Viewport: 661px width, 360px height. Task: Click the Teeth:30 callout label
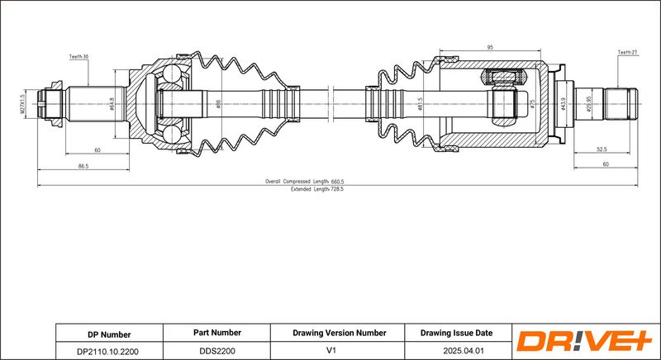click(78, 56)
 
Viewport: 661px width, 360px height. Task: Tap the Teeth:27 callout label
click(628, 53)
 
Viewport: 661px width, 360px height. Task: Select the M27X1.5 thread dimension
click(23, 104)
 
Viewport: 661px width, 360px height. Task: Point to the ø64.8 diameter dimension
click(112, 104)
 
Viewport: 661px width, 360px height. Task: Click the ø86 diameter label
click(218, 104)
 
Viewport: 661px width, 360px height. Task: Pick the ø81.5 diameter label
click(420, 104)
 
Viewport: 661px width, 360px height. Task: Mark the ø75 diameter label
click(532, 104)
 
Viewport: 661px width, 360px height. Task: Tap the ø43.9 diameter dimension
click(563, 104)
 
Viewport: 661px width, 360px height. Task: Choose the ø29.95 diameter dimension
click(589, 104)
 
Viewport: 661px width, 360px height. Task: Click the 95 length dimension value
click(490, 48)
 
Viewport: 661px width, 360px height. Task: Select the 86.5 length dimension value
click(83, 166)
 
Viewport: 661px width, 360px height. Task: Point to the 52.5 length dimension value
click(602, 149)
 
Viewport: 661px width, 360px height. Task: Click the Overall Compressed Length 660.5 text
click(304, 182)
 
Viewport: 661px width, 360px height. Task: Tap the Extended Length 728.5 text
click(317, 189)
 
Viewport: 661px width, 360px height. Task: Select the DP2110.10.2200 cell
click(109, 351)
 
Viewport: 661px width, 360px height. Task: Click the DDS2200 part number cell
click(217, 351)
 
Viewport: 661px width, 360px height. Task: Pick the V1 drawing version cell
click(331, 350)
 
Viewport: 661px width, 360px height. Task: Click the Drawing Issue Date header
click(456, 333)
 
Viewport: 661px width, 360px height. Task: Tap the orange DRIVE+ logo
click(584, 341)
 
